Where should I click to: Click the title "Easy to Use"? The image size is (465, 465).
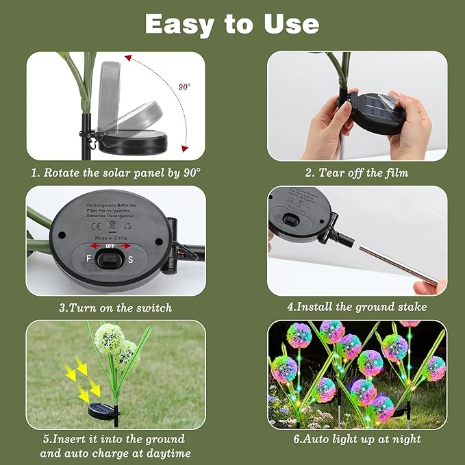232,24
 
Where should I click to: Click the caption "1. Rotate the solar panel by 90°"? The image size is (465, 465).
116,173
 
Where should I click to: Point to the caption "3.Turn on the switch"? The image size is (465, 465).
116,307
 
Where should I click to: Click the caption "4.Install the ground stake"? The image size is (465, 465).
357,307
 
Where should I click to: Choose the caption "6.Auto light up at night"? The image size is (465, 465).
357,439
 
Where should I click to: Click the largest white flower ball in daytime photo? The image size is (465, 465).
109,338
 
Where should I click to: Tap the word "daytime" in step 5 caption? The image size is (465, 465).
164,453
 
